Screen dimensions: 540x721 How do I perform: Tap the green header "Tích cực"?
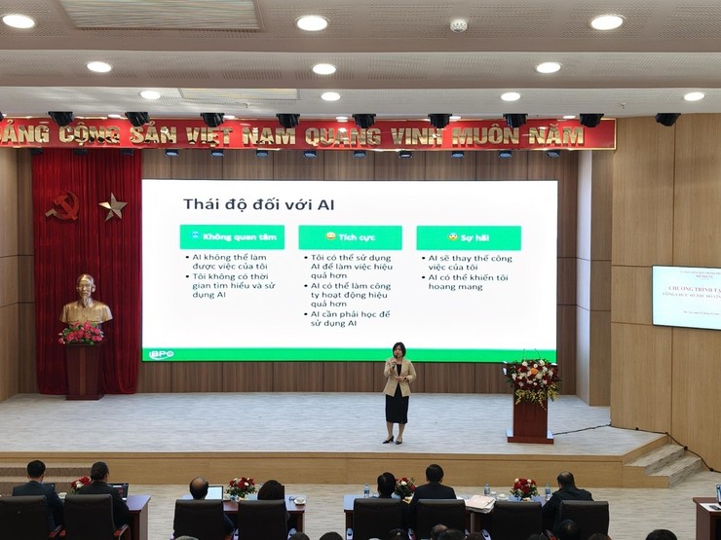pos(349,237)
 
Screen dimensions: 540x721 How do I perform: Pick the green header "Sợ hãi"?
pos(468,237)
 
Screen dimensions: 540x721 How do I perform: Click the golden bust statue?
pos(86,303)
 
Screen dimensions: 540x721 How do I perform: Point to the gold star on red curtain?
pos(113,205)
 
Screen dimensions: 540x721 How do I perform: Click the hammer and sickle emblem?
pos(64,204)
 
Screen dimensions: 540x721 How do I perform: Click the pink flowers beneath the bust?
pos(82,334)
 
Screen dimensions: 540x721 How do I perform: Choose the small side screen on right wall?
pos(686,297)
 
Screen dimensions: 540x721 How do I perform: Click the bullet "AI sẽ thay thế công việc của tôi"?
pos(471,263)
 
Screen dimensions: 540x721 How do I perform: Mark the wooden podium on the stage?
pos(530,419)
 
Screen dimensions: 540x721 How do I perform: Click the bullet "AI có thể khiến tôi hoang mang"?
pos(471,282)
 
